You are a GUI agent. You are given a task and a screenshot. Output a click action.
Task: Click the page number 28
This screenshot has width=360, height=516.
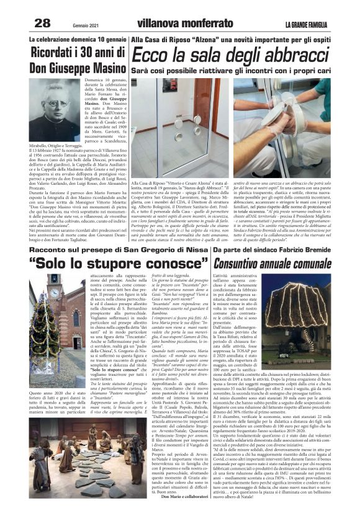42,23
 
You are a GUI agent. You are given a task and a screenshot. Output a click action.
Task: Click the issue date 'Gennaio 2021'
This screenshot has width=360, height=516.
73,25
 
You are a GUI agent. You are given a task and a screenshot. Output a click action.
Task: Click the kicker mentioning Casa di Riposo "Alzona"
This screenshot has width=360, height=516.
235,38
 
